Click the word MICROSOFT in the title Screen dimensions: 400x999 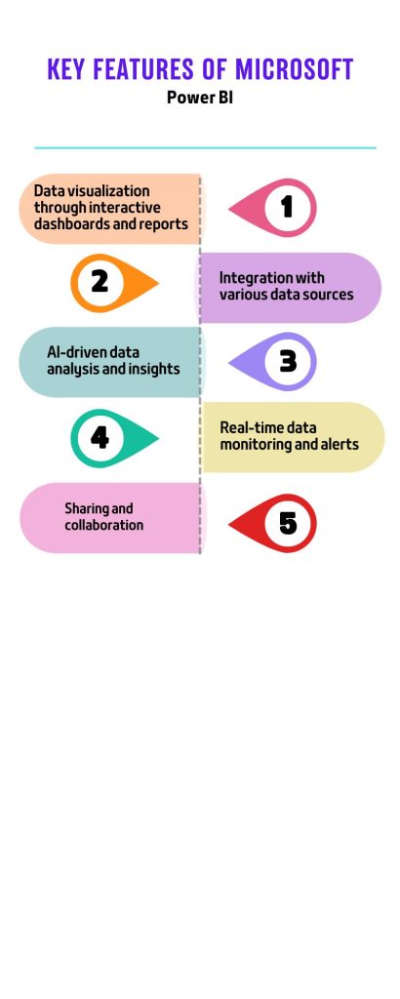(x=295, y=69)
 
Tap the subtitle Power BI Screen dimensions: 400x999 (x=200, y=99)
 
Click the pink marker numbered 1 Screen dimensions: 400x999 (x=272, y=207)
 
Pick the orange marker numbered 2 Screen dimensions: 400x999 (x=114, y=283)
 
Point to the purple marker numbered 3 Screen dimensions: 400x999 (x=272, y=361)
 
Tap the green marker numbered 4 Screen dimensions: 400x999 (x=114, y=438)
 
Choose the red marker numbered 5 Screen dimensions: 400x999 (x=272, y=523)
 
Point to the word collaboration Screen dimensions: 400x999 (x=103, y=525)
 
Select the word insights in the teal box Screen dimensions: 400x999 (x=157, y=369)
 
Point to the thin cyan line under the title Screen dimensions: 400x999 (x=205, y=148)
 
